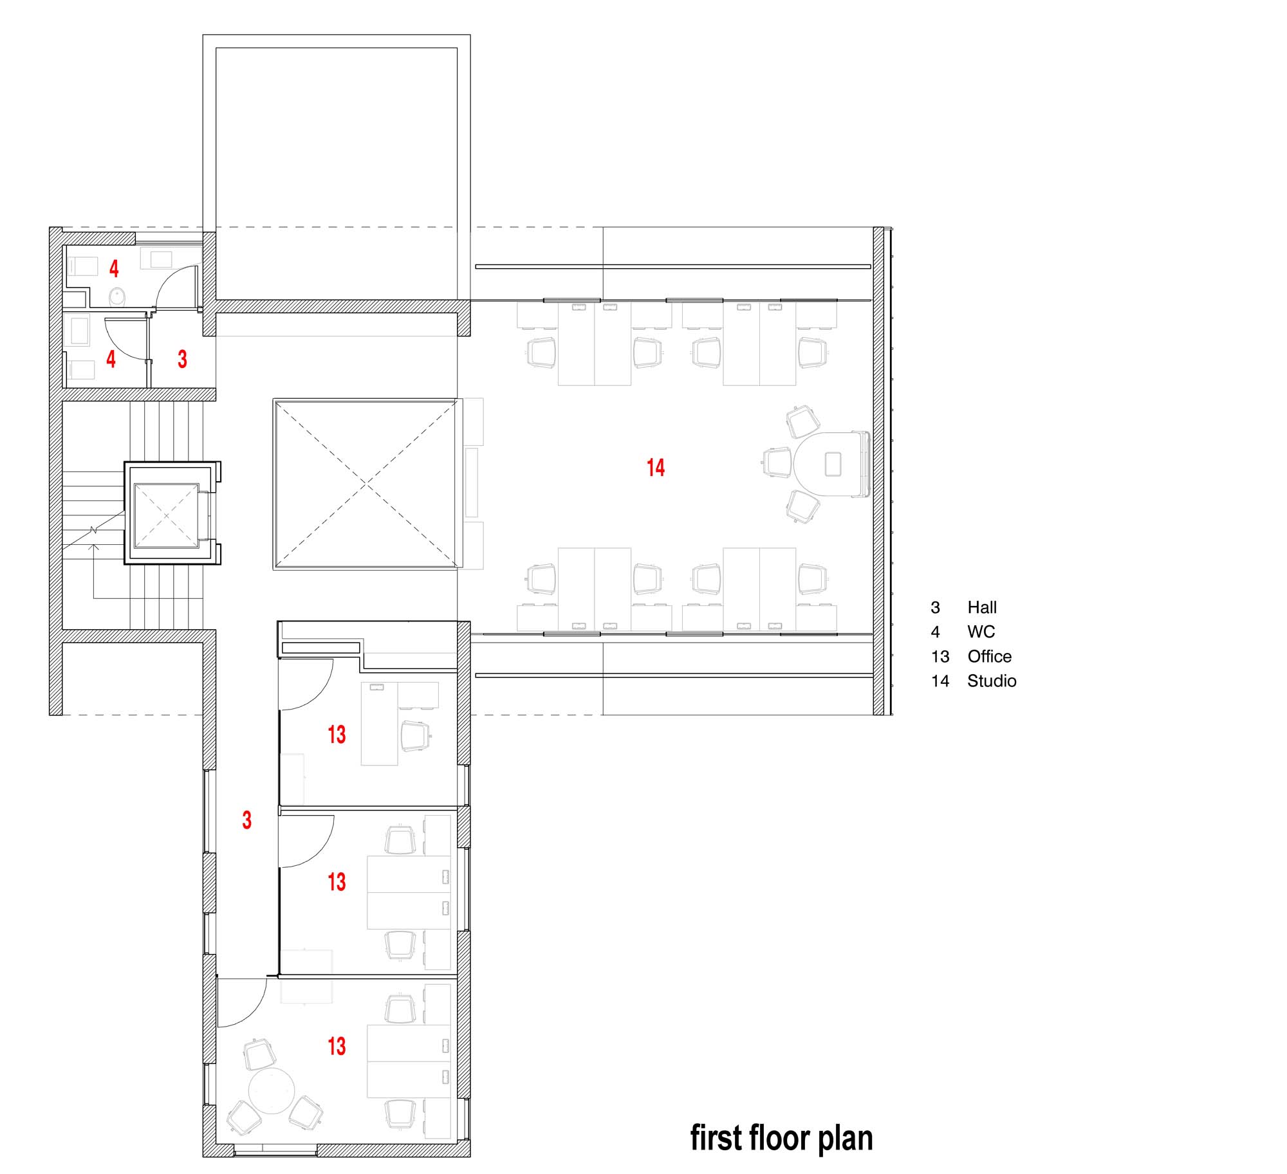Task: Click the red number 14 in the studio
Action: pos(656,468)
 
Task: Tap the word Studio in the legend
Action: pos(992,681)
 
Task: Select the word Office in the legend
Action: pos(989,656)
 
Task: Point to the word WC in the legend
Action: pos(981,632)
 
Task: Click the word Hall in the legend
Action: pos(982,607)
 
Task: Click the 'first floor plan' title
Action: pos(781,1138)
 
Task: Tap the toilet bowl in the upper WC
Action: pos(117,297)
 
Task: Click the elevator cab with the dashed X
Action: pos(166,516)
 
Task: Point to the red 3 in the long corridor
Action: pos(246,820)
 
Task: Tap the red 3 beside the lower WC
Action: pos(182,359)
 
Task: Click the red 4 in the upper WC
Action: pos(114,268)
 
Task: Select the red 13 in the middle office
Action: pos(337,881)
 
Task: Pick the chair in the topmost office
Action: pos(415,736)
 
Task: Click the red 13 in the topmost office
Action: pos(337,734)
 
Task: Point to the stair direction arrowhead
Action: pos(94,548)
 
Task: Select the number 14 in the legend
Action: pos(940,681)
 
